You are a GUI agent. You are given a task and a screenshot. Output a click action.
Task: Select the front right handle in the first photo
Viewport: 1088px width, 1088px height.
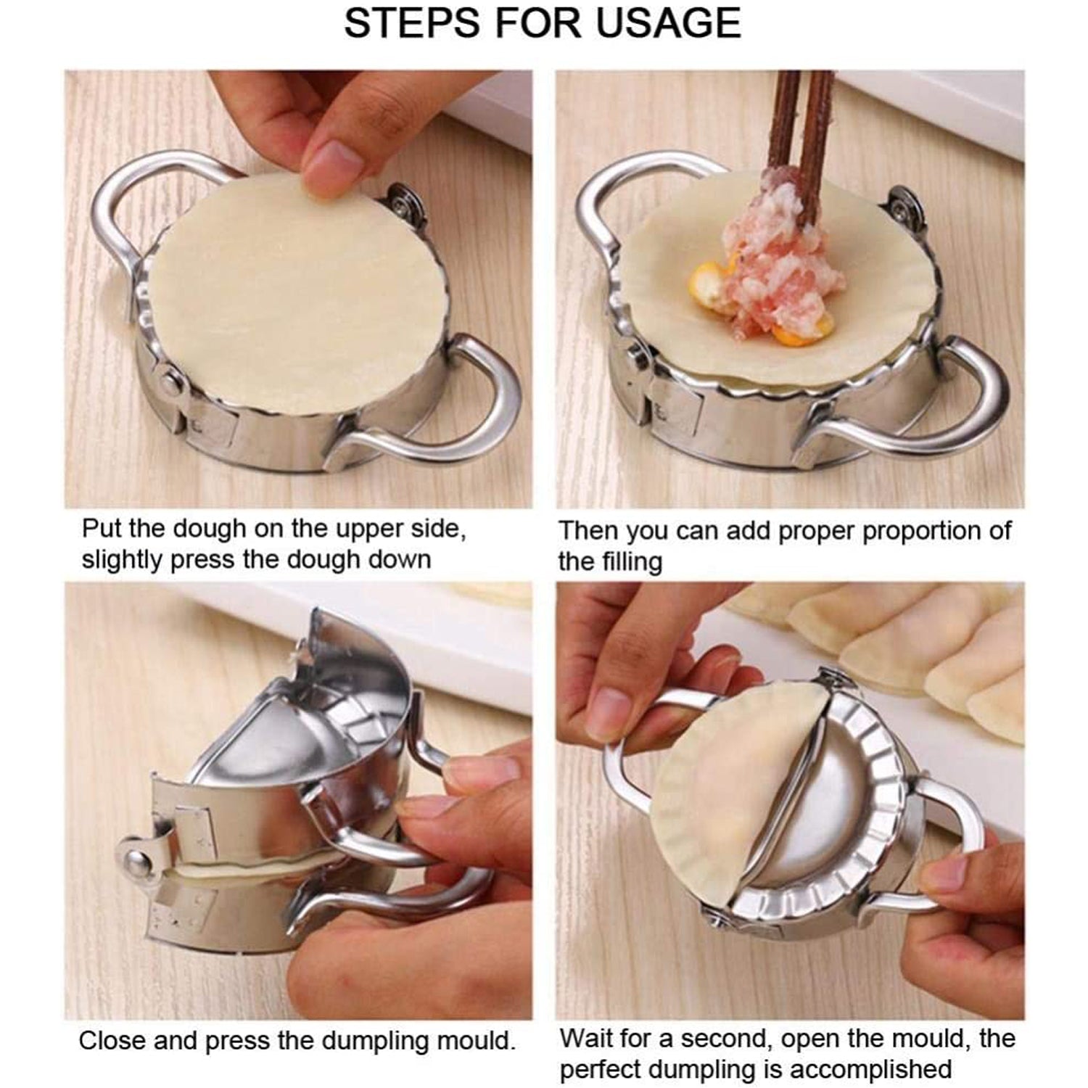coord(450,413)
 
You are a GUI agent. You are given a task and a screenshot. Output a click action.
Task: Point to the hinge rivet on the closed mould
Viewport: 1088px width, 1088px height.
coord(136,862)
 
